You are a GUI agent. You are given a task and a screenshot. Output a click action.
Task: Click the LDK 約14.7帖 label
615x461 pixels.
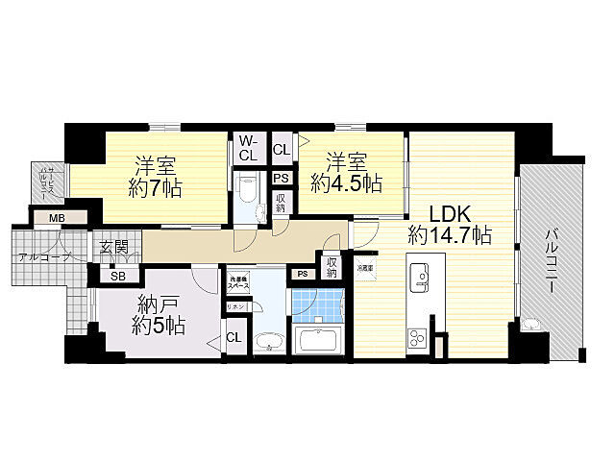[450, 223]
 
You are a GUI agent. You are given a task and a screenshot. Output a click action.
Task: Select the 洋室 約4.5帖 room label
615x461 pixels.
[347, 171]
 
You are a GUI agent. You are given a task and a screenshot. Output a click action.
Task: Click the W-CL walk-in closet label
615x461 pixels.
[248, 147]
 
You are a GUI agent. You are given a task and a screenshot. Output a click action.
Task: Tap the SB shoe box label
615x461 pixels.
[117, 277]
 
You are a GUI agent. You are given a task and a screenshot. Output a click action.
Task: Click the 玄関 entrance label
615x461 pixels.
[113, 248]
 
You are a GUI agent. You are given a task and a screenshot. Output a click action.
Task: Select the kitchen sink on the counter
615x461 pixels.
[422, 279]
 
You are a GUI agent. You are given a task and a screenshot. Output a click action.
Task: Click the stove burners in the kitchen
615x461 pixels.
[420, 338]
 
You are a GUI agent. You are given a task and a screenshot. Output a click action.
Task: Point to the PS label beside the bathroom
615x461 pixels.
[302, 273]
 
